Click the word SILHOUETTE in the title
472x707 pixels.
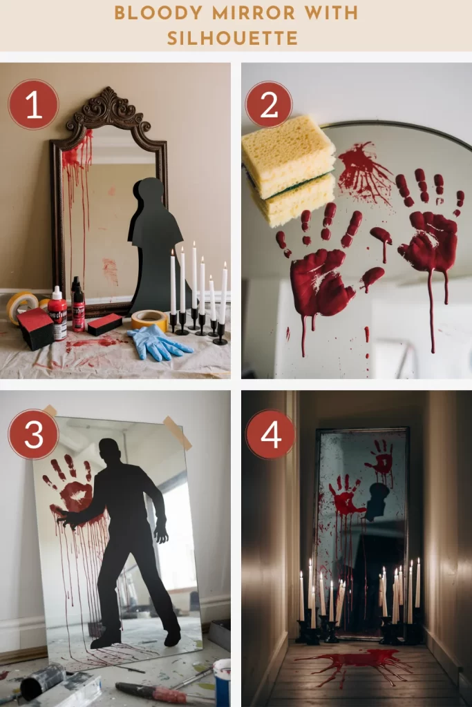click(232, 39)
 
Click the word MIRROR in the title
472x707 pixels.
click(254, 13)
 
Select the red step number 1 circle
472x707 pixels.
click(33, 105)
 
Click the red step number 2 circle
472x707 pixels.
click(269, 105)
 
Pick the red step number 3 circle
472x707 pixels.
click(33, 434)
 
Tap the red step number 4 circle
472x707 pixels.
click(270, 434)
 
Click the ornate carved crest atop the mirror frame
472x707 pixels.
click(108, 108)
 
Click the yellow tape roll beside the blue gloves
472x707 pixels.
click(150, 319)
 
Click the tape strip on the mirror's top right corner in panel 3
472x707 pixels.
click(177, 433)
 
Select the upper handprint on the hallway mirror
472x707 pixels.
click(382, 458)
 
